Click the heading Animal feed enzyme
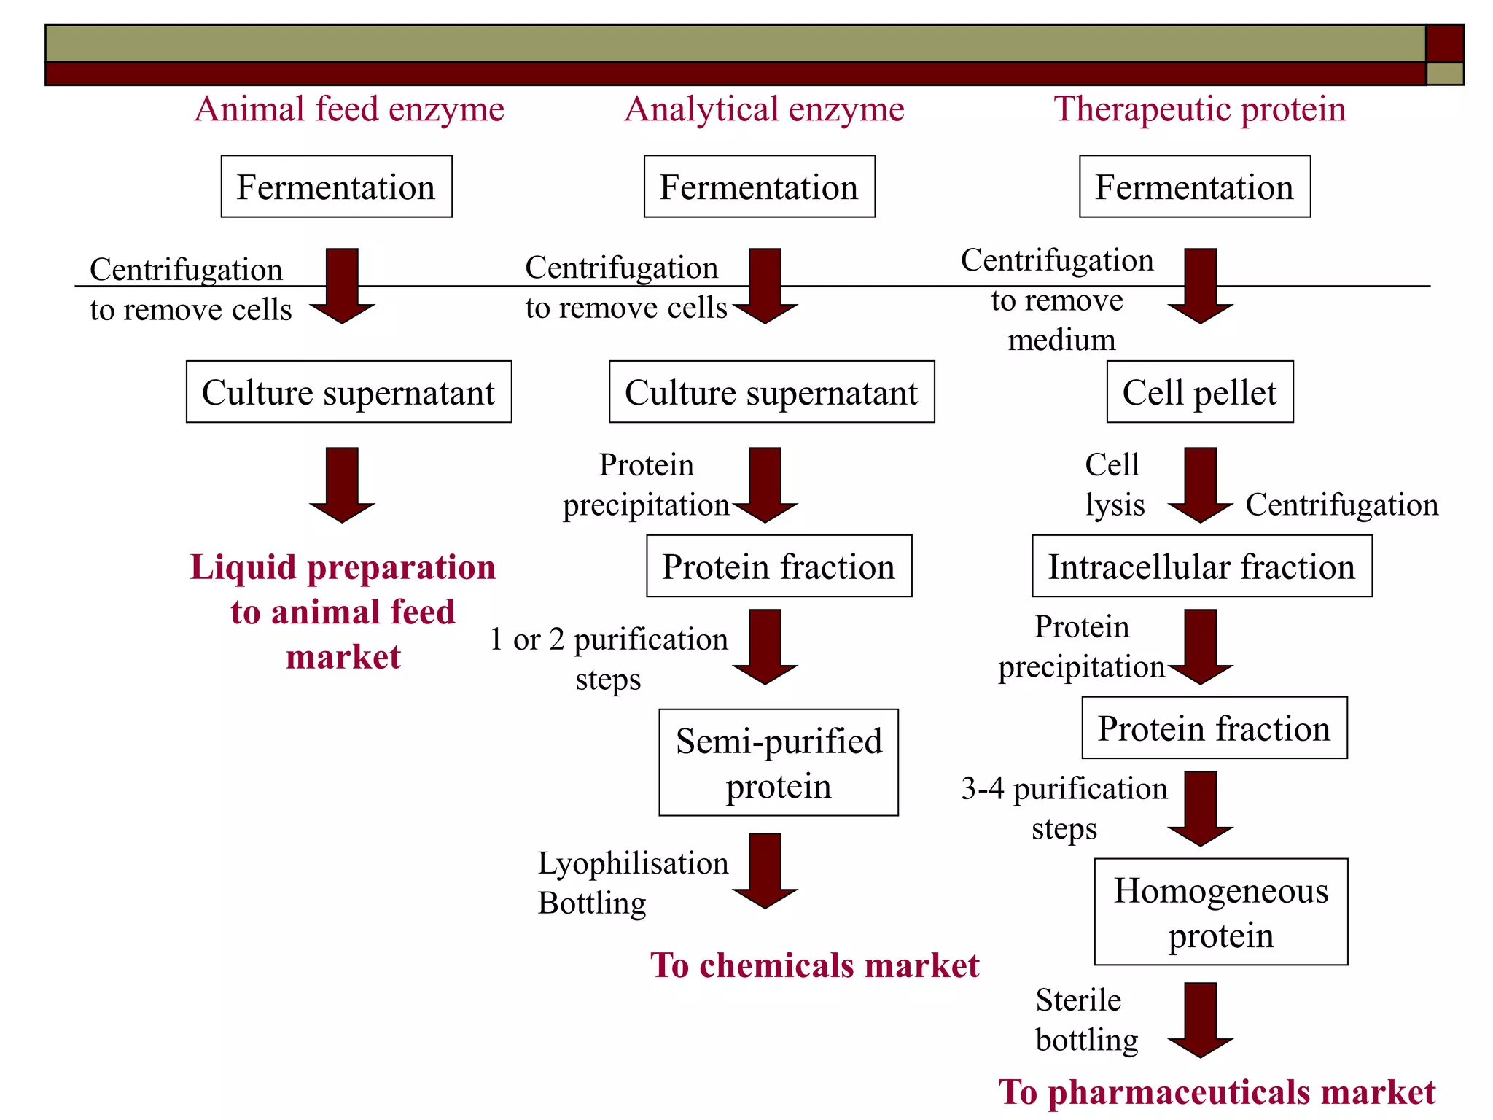point(349,110)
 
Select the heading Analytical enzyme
point(764,110)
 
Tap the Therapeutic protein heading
point(1199,110)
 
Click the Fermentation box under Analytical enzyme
point(759,187)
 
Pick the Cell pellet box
point(1199,392)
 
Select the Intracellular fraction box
point(1201,567)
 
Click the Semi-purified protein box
point(778,763)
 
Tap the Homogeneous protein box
point(1220,912)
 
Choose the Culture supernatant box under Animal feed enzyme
point(348,392)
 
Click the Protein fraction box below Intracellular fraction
point(1214,728)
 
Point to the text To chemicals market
point(814,965)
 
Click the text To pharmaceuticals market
point(1216,1092)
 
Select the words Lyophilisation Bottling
point(631,882)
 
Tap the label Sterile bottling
point(1085,1019)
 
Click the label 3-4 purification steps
point(1064,808)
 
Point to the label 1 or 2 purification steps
point(609,658)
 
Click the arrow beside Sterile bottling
point(1200,1019)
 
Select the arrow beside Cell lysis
point(1200,484)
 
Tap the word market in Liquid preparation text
point(343,657)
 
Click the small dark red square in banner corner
point(1444,44)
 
